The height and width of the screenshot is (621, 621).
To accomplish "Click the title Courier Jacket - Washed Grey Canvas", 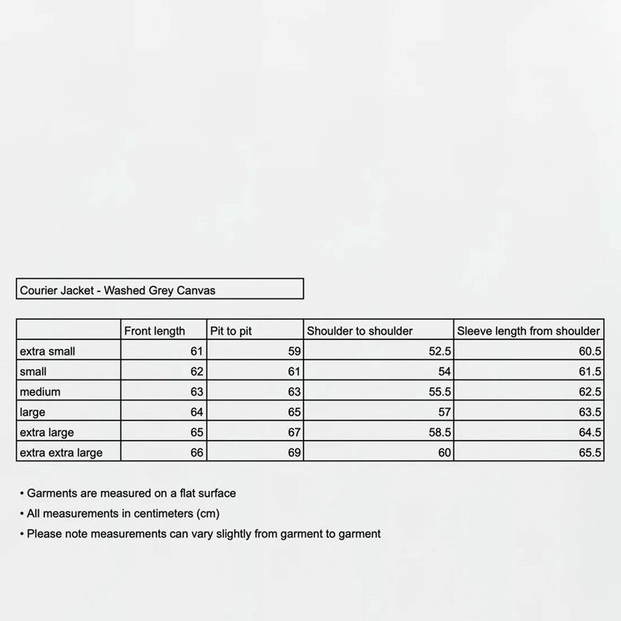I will (116, 290).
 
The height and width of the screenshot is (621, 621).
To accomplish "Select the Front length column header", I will (154, 331).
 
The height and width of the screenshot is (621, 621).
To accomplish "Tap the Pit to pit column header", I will (231, 331).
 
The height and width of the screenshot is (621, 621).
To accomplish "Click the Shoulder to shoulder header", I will (359, 331).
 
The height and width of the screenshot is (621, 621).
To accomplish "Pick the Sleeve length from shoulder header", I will (528, 331).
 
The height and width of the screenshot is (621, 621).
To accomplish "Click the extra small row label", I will (47, 351).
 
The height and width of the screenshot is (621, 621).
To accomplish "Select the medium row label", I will (40, 391).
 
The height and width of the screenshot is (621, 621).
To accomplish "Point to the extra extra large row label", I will (61, 452).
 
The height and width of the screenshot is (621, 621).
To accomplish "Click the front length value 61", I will (196, 351).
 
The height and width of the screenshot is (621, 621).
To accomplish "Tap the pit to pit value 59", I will (293, 351).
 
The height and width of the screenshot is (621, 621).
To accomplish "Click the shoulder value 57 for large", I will (444, 411).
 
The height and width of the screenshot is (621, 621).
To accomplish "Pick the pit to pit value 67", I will (293, 432).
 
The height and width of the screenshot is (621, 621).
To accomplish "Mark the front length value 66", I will (196, 452).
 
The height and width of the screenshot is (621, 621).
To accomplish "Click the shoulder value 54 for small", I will (444, 371).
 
